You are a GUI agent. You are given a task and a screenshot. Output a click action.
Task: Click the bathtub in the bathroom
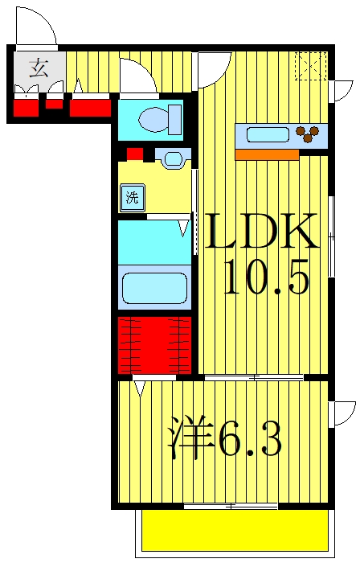pos(154,287)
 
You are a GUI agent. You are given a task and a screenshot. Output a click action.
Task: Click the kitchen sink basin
pos(267,134)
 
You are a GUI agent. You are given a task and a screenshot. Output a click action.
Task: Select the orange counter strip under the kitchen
pos(266,154)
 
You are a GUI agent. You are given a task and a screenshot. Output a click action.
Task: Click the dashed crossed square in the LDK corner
pos(310,66)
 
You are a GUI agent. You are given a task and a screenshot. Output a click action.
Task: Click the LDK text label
pos(260,234)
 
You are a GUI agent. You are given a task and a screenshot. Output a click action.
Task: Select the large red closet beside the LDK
pos(155,345)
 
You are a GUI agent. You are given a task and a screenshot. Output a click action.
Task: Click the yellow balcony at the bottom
pos(235,532)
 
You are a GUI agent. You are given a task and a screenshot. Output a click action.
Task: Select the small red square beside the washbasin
pos(134,154)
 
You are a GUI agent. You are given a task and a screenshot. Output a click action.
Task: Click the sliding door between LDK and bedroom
pos(253,377)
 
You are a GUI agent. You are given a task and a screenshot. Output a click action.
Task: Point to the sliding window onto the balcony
pos(231,506)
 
